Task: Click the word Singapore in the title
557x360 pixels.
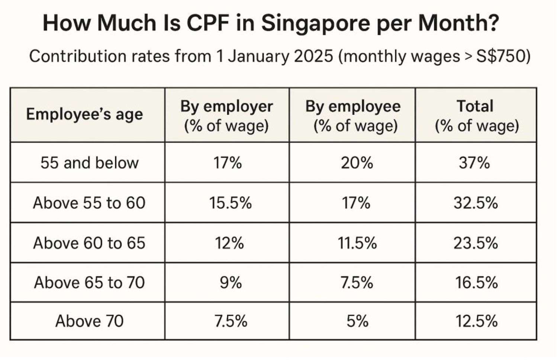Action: [x=316, y=23]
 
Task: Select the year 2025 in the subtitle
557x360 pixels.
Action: [x=313, y=57]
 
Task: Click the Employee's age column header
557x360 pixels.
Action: [x=84, y=114]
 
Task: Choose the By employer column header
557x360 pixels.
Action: [x=226, y=116]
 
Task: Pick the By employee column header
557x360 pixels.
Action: [x=353, y=116]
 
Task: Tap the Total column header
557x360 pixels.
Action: [x=476, y=116]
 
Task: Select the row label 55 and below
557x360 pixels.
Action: [x=89, y=163]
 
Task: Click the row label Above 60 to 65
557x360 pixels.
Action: [x=89, y=243]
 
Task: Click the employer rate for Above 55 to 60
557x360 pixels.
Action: [x=230, y=203]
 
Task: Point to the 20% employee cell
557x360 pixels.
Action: [x=357, y=163]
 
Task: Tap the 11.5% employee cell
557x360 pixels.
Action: [x=357, y=243]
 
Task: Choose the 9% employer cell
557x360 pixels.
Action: [x=231, y=283]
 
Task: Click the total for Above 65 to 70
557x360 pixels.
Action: [x=476, y=283]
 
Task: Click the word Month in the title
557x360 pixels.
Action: [x=457, y=23]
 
